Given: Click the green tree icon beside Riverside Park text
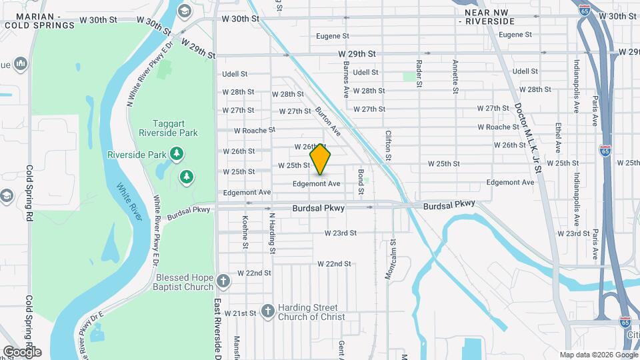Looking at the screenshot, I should pyautogui.click(x=177, y=155).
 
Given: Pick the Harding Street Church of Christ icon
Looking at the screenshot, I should pyautogui.click(x=267, y=311).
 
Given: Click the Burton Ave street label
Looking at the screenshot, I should pyautogui.click(x=328, y=121).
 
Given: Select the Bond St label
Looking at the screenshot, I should pyautogui.click(x=361, y=182).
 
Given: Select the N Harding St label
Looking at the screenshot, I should pyautogui.click(x=271, y=233).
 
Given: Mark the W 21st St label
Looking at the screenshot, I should pyautogui.click(x=241, y=313).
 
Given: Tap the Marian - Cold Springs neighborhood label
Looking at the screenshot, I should pyautogui.click(x=39, y=21).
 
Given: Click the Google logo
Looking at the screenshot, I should pyautogui.click(x=22, y=351).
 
